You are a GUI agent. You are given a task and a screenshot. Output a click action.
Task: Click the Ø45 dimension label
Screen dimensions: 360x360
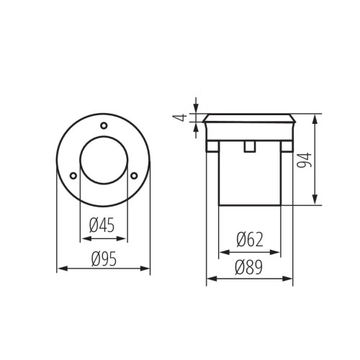click(x=102, y=226)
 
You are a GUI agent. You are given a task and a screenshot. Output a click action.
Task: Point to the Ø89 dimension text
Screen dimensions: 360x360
click(x=249, y=269)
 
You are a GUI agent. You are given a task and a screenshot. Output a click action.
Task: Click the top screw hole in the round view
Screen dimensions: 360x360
click(x=104, y=126)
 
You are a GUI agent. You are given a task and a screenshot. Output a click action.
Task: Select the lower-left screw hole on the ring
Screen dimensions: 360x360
click(x=73, y=174)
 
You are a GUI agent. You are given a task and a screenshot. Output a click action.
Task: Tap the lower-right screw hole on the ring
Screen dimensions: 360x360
click(x=134, y=174)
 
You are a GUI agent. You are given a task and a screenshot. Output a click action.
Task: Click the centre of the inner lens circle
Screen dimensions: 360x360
click(x=103, y=162)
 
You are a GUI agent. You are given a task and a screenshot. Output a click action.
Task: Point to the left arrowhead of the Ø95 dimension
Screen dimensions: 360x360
click(x=60, y=269)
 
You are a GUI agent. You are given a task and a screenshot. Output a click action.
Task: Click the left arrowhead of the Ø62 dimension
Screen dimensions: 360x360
click(x=222, y=252)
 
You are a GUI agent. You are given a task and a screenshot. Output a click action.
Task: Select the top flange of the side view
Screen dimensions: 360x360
click(x=248, y=117)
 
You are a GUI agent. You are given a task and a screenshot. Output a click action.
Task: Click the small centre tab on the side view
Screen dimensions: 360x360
click(x=248, y=147)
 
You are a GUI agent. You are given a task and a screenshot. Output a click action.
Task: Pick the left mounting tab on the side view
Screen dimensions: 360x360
click(x=212, y=147)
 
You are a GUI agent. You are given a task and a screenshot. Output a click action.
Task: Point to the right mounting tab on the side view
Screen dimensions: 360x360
click(x=287, y=147)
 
